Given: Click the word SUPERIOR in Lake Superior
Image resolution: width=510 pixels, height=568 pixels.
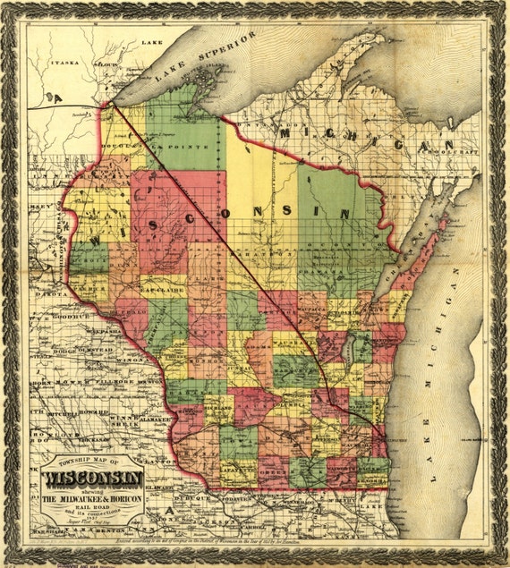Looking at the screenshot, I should [225, 51].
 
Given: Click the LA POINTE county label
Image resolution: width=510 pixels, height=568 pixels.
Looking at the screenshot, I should [169, 142].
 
